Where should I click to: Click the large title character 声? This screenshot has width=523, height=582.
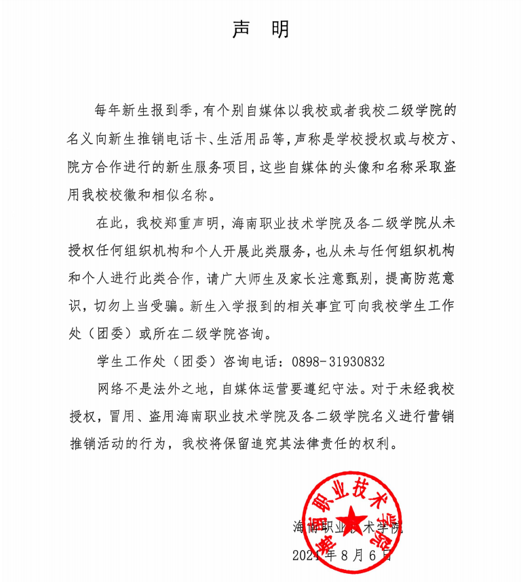pos(241,29)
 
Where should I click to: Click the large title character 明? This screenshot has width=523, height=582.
pos(280,29)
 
